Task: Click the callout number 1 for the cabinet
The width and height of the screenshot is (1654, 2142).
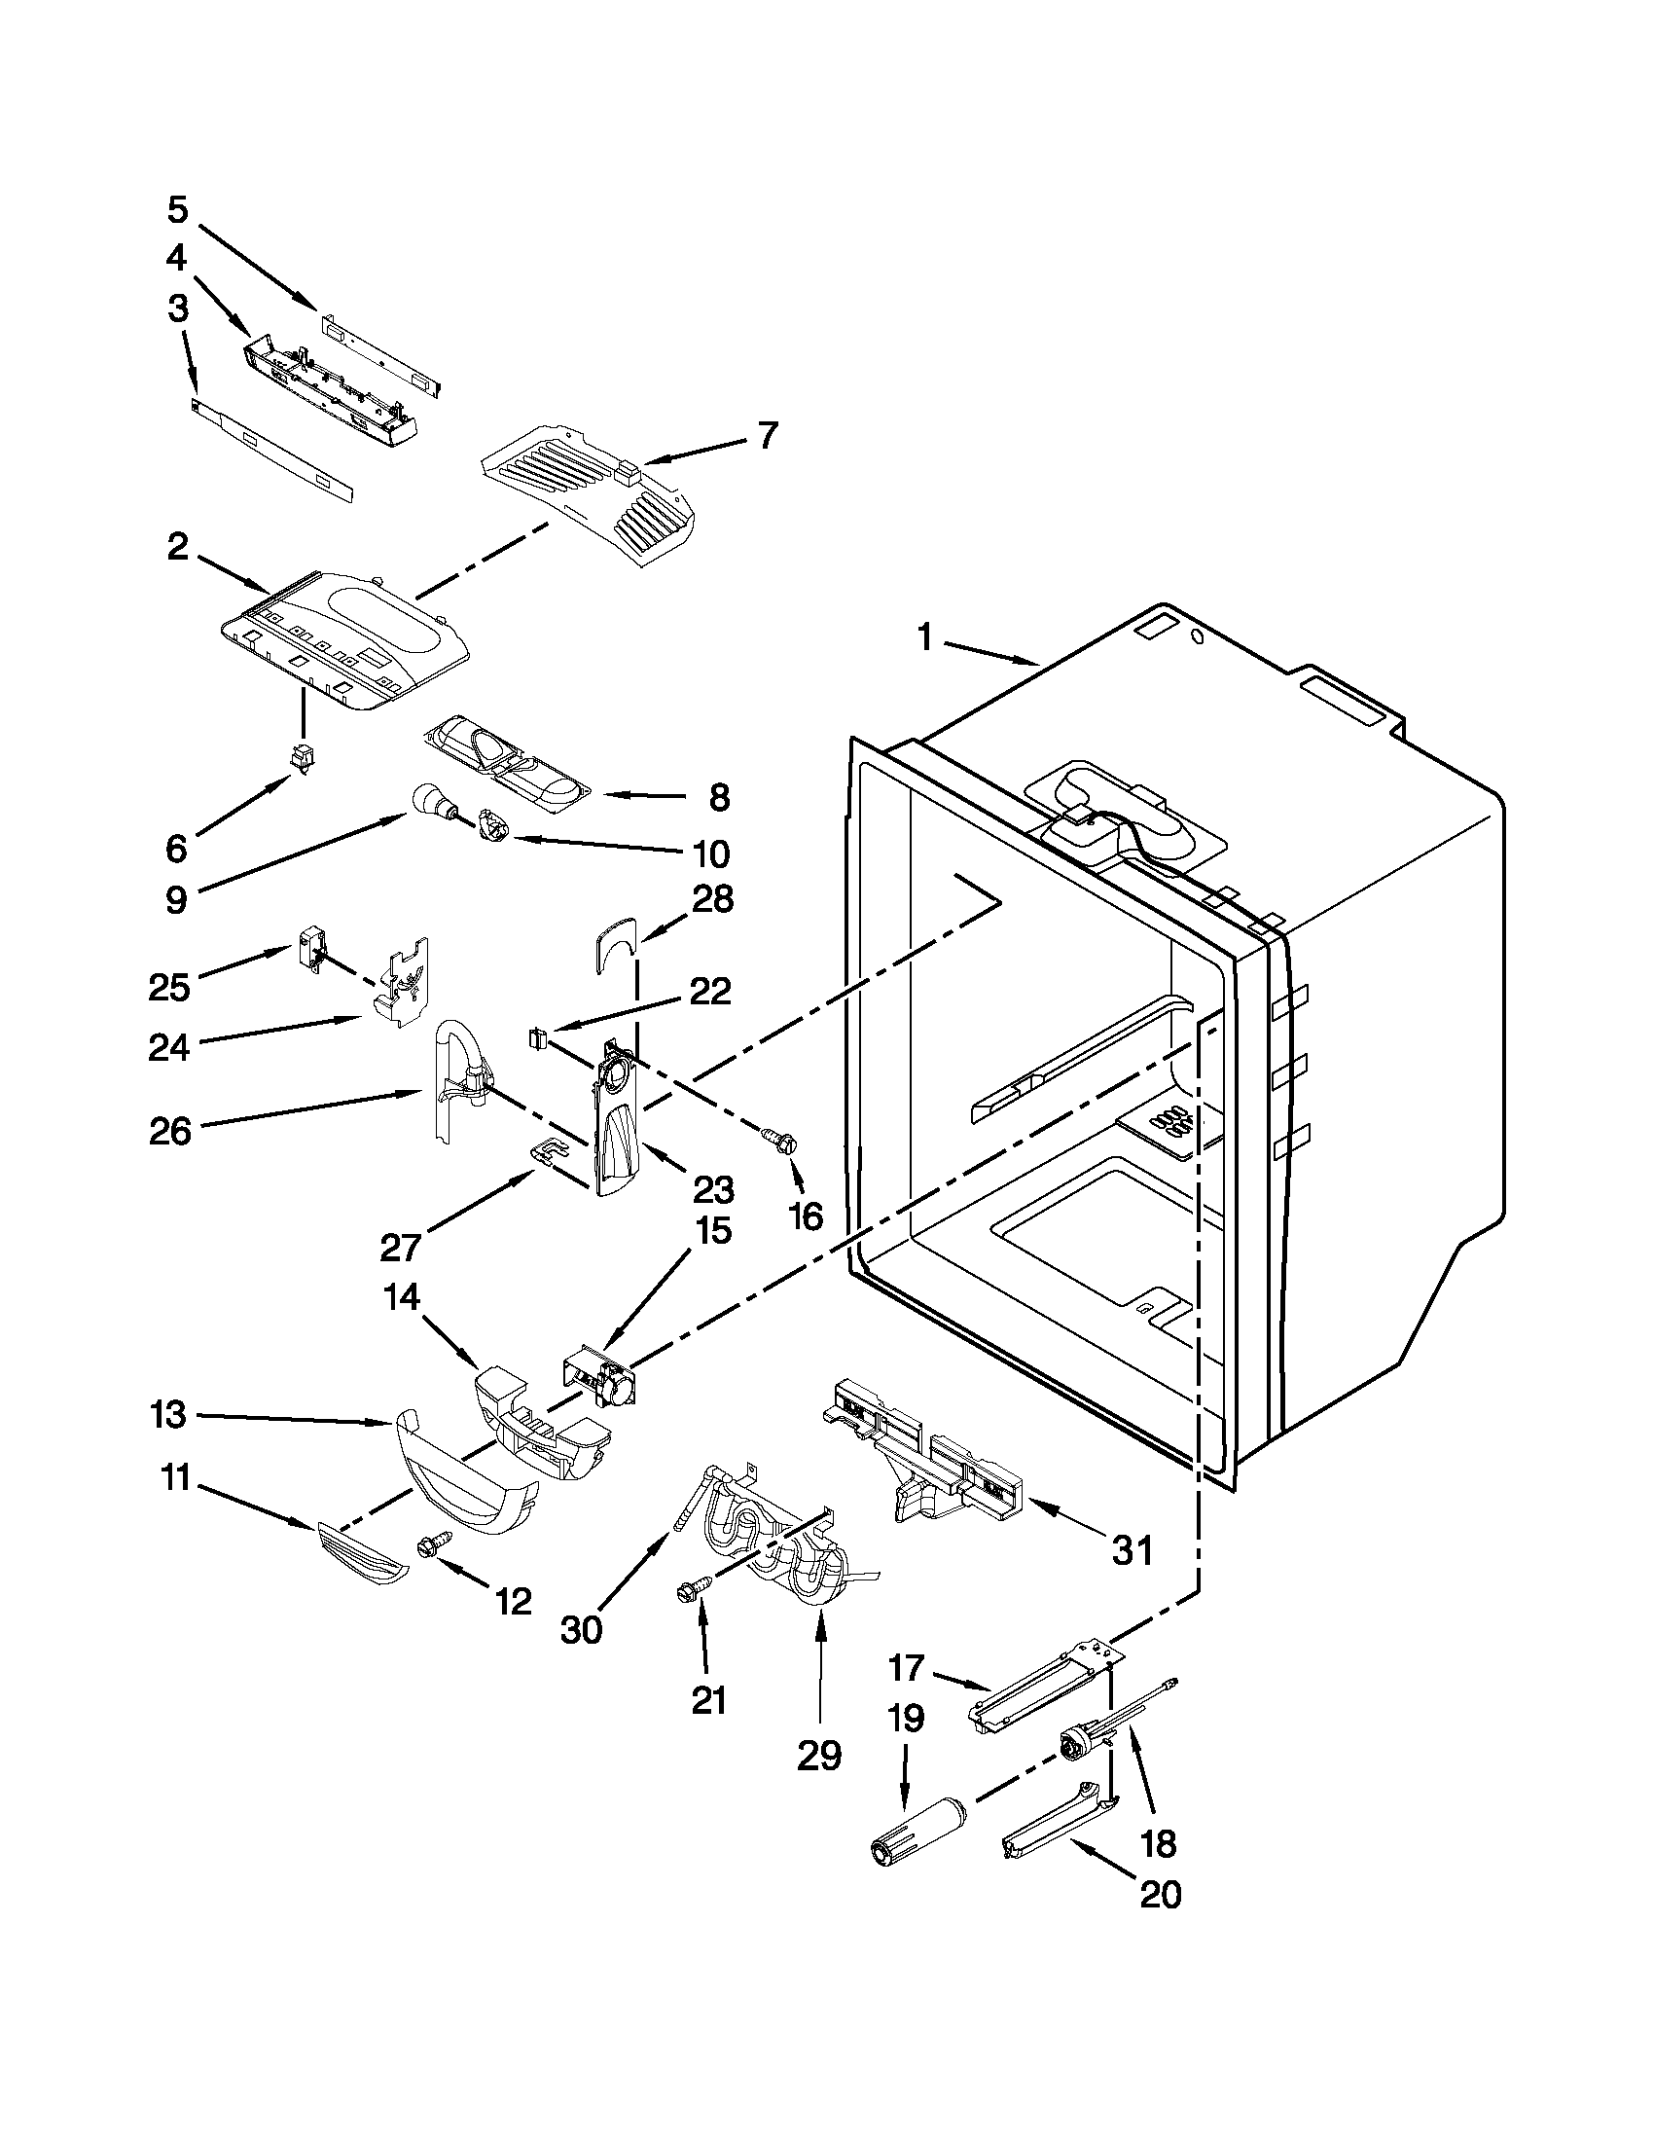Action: tap(923, 637)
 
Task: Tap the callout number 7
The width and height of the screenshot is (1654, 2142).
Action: tap(767, 434)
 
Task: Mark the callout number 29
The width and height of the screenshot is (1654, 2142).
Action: tap(818, 1755)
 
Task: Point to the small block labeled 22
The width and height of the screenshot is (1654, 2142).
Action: tap(536, 1035)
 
